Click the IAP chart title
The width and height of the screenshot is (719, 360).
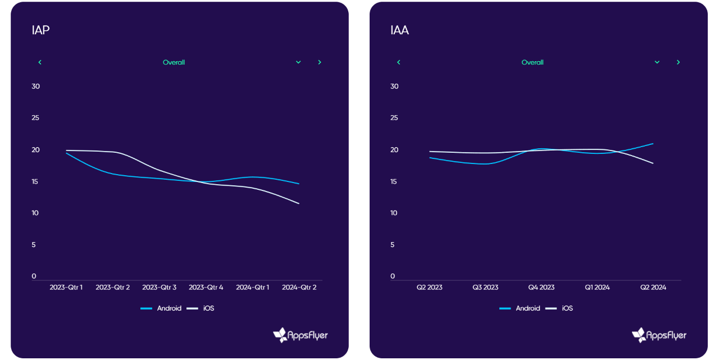pyautogui.click(x=40, y=30)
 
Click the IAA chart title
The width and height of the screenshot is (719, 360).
pyautogui.click(x=399, y=30)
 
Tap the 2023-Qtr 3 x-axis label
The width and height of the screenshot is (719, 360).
pyautogui.click(x=160, y=288)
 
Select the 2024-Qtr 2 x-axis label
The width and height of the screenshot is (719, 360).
pyautogui.click(x=299, y=288)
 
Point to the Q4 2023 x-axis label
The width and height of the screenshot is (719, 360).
pyautogui.click(x=541, y=288)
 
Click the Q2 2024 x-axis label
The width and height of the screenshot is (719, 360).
pyautogui.click(x=653, y=288)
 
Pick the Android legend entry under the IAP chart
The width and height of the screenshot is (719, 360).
pyautogui.click(x=161, y=308)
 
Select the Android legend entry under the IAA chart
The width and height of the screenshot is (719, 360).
pyautogui.click(x=520, y=308)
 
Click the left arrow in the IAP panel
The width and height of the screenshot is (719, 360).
pyautogui.click(x=40, y=62)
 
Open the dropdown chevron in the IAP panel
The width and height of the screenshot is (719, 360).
pyautogui.click(x=298, y=62)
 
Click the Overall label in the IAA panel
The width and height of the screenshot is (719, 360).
pyautogui.click(x=533, y=62)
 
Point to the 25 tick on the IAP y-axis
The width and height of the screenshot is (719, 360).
pyautogui.click(x=35, y=118)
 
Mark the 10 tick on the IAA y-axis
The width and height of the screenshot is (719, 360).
pyautogui.click(x=394, y=213)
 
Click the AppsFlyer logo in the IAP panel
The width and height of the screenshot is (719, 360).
pyautogui.click(x=300, y=335)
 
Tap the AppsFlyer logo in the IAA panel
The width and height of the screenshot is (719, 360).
pyautogui.click(x=659, y=335)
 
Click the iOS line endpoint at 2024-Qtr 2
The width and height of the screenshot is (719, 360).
pyautogui.click(x=299, y=203)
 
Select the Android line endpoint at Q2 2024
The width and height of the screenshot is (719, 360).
pyautogui.click(x=653, y=144)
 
